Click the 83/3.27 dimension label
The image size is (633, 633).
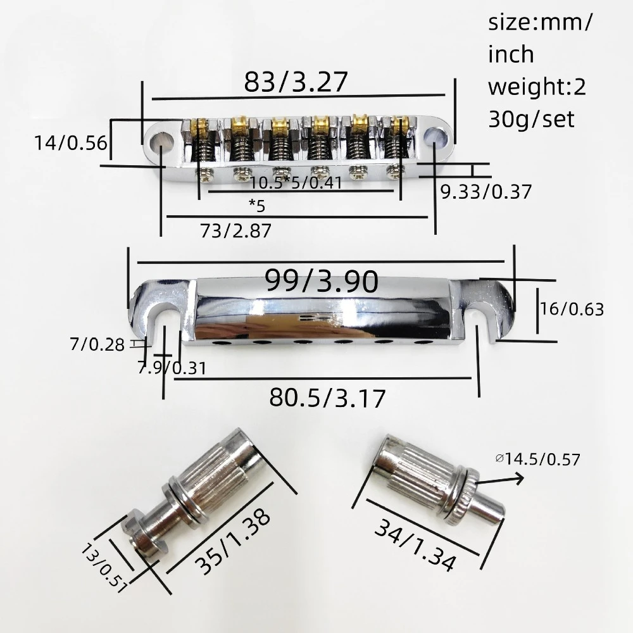coord(296,82)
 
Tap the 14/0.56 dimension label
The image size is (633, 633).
coord(71,143)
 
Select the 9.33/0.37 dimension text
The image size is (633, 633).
coord(486,192)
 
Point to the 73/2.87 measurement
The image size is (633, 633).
coord(235,231)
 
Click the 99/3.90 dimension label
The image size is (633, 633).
coord(322,282)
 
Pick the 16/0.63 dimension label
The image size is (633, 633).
coord(572,310)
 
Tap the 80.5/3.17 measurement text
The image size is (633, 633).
coord(327,398)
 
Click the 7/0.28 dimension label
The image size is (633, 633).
coord(97,345)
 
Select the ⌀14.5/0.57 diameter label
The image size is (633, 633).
coord(537,459)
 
